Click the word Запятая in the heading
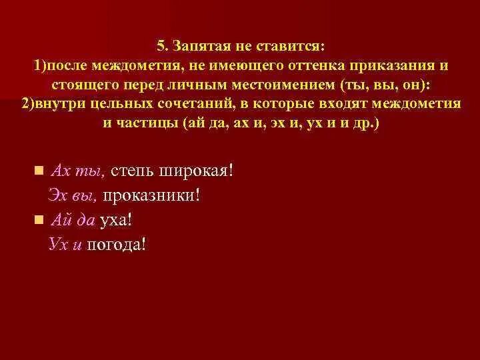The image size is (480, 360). [201, 47]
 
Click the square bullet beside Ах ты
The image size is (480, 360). [39, 170]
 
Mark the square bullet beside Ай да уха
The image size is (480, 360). [39, 219]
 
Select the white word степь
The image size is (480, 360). [132, 171]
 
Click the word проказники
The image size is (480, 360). [151, 195]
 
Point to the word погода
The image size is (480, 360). [116, 245]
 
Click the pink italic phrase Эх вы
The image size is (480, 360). [73, 195]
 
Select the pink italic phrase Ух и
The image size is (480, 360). [65, 245]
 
